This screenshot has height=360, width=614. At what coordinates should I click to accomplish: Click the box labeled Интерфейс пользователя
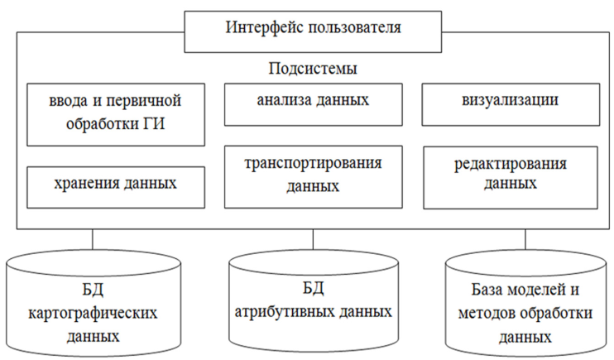313,31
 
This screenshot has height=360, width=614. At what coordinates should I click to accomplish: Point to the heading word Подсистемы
313,69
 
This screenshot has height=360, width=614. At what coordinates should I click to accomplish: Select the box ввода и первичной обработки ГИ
116,114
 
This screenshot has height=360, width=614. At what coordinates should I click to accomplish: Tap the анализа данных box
314,104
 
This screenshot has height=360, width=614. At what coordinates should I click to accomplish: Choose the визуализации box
511,104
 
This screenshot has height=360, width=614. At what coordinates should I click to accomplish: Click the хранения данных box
116,187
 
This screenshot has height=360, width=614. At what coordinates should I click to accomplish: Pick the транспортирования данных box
314,177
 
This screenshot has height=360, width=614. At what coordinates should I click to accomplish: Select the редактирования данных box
511,178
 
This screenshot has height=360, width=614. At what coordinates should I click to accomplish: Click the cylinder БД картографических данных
94,304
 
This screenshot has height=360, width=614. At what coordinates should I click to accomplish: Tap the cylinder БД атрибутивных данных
314,302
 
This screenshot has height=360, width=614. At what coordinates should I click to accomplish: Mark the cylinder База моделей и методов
526,304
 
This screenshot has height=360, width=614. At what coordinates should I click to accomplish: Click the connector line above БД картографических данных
93,239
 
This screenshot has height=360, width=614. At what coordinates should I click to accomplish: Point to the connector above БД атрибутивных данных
314,239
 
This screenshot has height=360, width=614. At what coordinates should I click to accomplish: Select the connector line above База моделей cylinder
525,239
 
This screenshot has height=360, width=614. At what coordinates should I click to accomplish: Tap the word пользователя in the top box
355,27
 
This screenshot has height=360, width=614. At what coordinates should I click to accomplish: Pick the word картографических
93,313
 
